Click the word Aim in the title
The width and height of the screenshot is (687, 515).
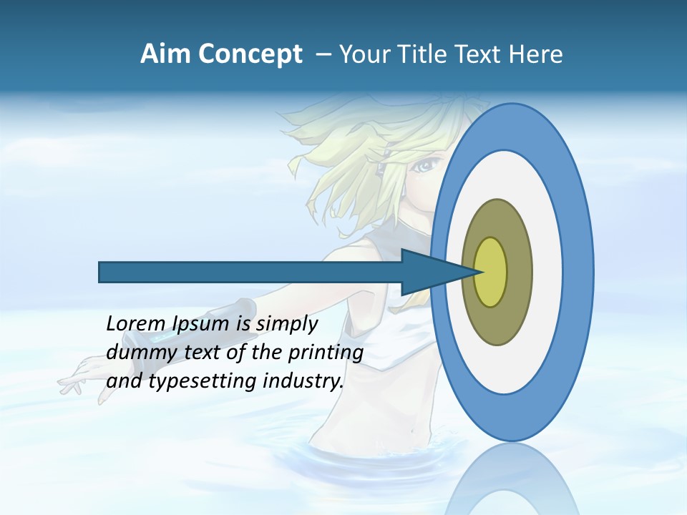pos(166,54)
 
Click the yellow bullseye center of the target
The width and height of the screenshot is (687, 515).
pos(491,272)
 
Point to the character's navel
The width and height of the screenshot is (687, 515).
pos(411,432)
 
